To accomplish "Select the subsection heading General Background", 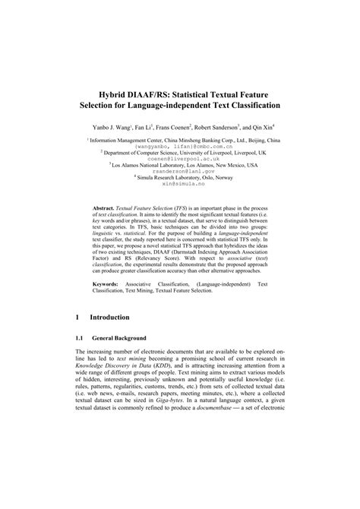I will click(124, 337).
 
